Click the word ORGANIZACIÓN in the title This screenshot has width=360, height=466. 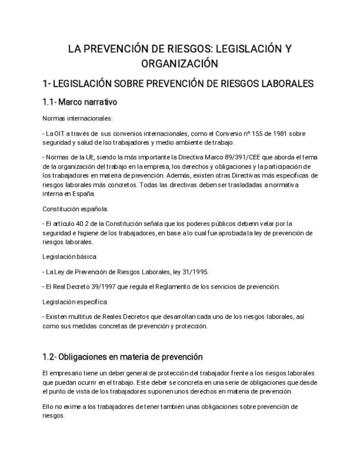point(180,63)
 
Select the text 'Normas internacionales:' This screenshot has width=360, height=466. point(77,118)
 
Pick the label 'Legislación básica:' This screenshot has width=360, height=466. point(70,256)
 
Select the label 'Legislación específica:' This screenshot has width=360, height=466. point(75,302)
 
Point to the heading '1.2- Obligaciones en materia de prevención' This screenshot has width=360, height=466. point(123,357)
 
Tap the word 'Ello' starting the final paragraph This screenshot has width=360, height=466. point(48,407)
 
